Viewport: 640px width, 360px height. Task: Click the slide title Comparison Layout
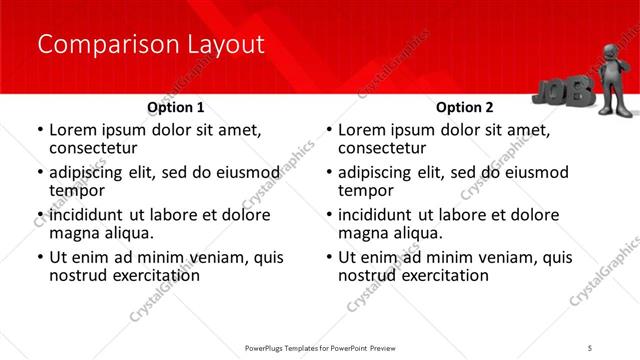coord(150,45)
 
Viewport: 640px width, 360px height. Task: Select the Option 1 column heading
coord(176,107)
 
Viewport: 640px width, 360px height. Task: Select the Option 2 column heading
coord(465,107)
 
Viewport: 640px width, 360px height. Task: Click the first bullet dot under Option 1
coord(39,130)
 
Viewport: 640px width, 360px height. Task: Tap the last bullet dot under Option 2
coord(328,258)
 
